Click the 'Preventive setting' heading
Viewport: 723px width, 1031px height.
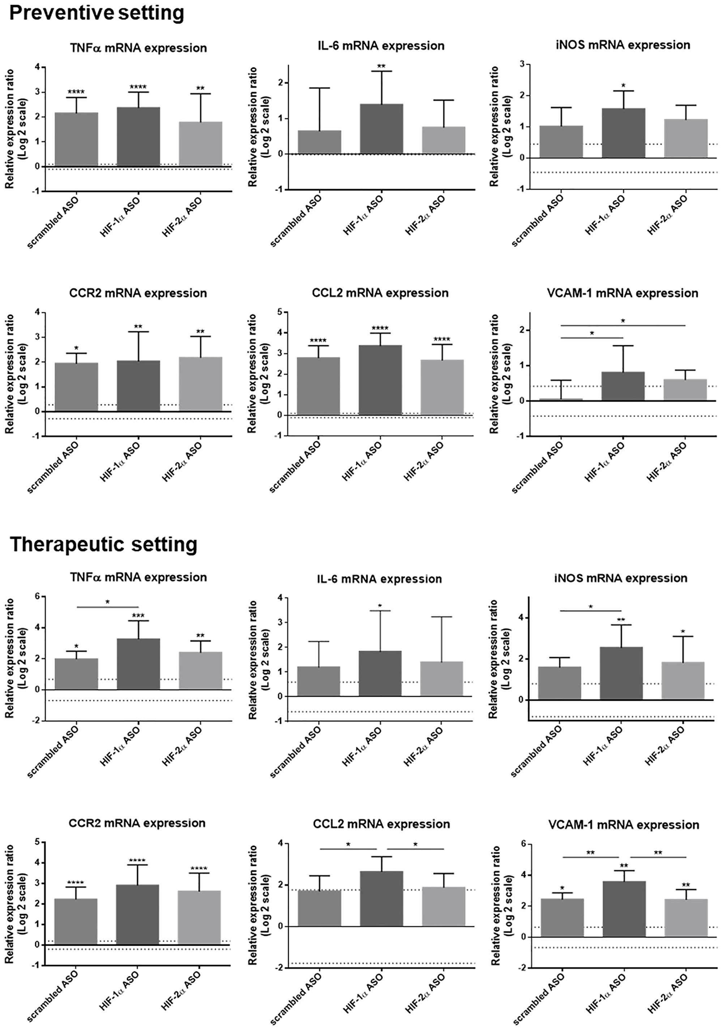(97, 13)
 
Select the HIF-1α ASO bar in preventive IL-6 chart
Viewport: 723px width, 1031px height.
(381, 129)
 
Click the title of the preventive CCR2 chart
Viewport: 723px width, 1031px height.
(138, 293)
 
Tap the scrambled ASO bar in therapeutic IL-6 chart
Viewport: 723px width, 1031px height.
(318, 681)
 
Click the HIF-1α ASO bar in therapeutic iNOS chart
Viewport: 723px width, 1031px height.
(621, 673)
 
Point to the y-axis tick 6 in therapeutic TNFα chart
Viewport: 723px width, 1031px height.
(37, 597)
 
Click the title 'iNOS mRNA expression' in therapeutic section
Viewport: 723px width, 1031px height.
(621, 578)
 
